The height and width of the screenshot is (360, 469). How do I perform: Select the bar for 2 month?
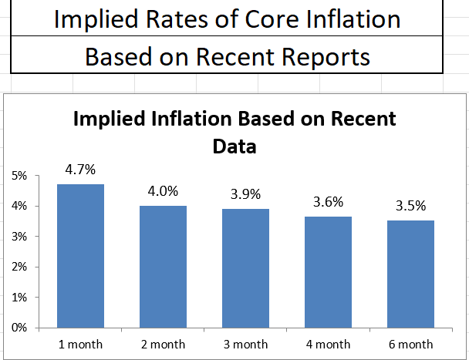(163, 267)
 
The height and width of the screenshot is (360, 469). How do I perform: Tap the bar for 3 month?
(245, 268)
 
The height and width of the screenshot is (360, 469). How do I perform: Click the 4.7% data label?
(81, 169)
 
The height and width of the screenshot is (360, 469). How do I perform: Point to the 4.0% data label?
(163, 190)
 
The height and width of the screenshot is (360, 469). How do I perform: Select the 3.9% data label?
(245, 193)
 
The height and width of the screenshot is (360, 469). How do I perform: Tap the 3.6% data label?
(327, 202)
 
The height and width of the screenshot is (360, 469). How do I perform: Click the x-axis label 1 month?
(81, 344)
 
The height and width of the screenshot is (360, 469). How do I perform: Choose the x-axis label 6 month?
(410, 344)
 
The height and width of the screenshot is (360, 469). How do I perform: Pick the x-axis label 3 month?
(245, 344)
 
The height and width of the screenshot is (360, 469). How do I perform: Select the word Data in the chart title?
(235, 144)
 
